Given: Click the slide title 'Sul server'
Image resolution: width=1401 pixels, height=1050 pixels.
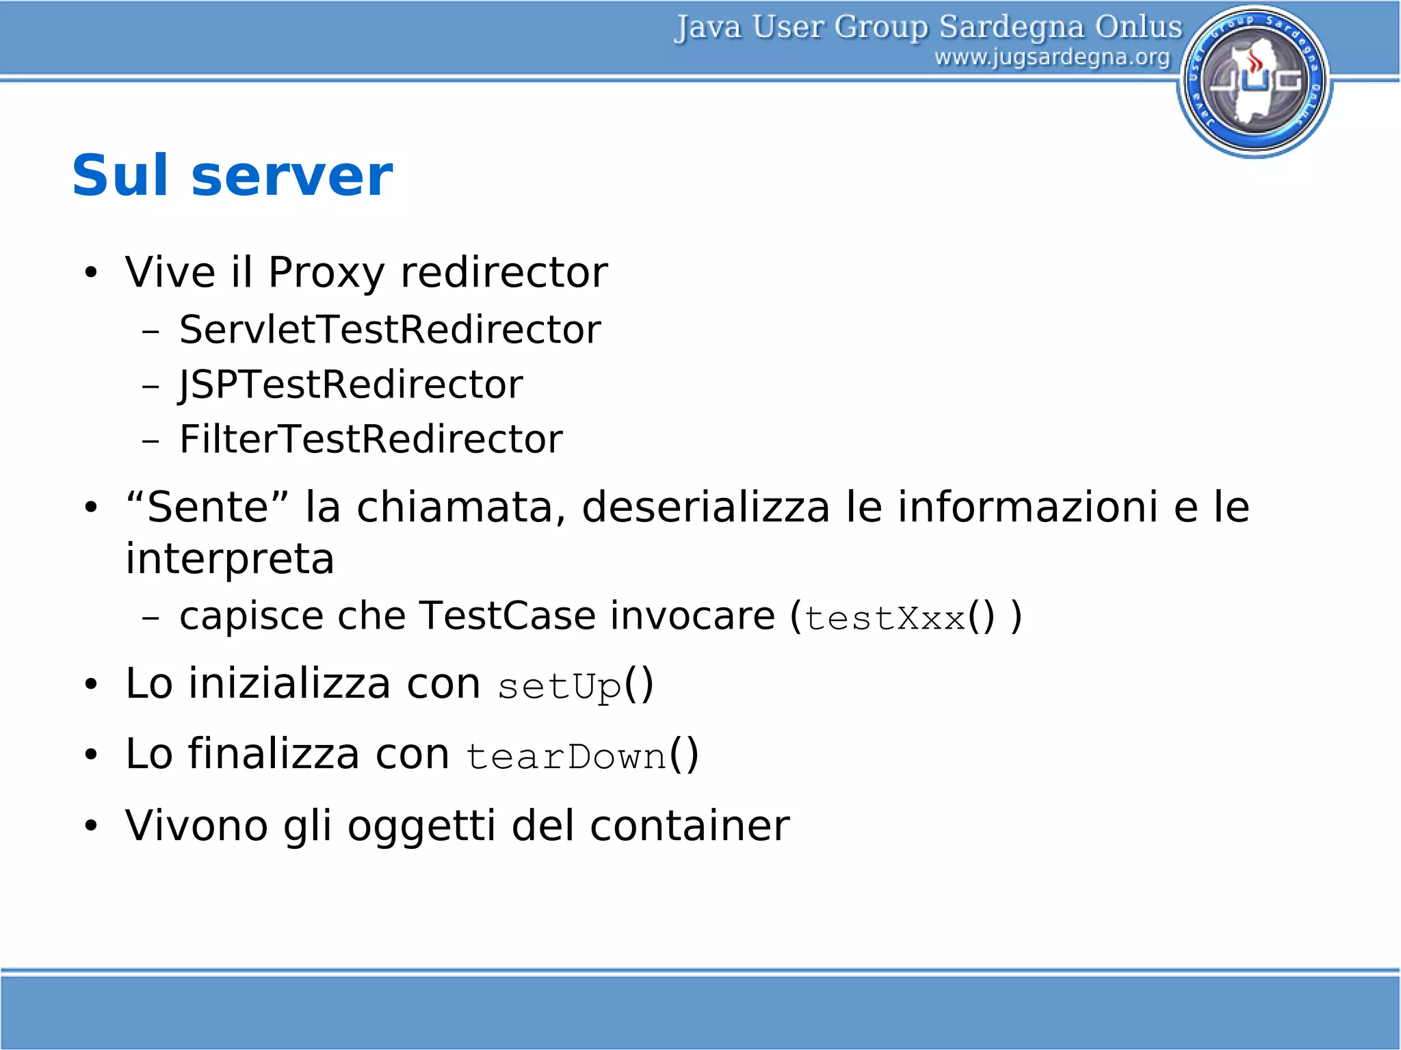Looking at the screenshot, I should pyautogui.click(x=233, y=176).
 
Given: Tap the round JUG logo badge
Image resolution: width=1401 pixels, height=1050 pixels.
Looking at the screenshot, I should pyautogui.click(x=1255, y=81).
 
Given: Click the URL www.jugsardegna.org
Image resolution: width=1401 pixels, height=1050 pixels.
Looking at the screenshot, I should pyautogui.click(x=1052, y=57).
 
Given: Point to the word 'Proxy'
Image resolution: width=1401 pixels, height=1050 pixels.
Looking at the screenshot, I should pyautogui.click(x=326, y=273).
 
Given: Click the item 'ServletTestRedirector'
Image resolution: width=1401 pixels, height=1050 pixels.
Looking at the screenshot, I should pyautogui.click(x=390, y=330).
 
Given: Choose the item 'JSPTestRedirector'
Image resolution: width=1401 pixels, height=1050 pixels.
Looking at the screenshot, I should pyautogui.click(x=351, y=384).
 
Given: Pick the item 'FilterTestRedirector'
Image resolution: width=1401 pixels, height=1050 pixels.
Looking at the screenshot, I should pyautogui.click(x=371, y=439).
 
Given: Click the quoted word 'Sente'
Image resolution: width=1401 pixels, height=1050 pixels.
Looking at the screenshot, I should pyautogui.click(x=207, y=507).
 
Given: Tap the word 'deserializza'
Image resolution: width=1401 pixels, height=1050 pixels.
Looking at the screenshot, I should pyautogui.click(x=705, y=507).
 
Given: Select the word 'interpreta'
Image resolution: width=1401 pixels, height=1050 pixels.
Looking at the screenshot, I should pyautogui.click(x=230, y=560).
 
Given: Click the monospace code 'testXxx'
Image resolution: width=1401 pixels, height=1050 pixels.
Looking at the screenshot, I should pyautogui.click(x=885, y=618).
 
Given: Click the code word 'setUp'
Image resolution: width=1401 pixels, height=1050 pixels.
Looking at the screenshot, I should pyautogui.click(x=560, y=686).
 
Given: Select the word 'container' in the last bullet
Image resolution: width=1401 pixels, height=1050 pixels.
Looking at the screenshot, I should pyautogui.click(x=690, y=826).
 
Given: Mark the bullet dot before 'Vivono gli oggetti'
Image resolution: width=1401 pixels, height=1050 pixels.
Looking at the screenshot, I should pyautogui.click(x=91, y=826).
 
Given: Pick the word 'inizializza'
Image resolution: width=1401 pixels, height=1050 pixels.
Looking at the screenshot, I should pyautogui.click(x=289, y=683).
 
